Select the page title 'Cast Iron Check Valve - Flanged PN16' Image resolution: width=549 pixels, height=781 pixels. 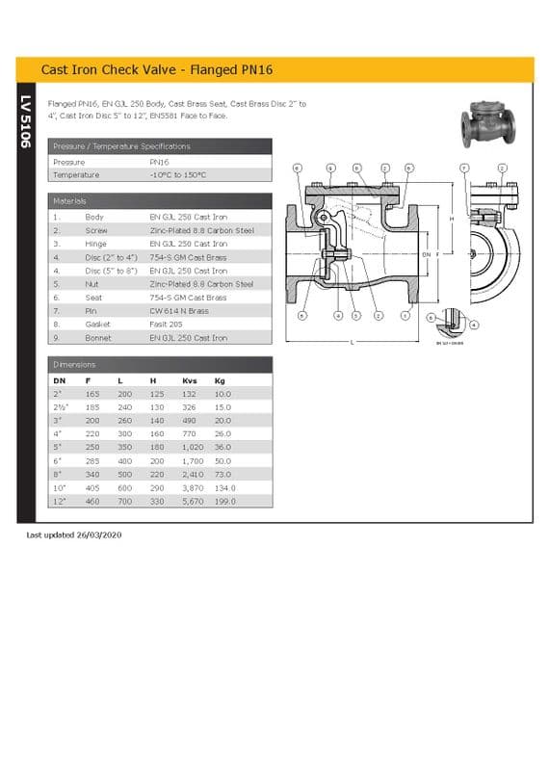[x=156, y=70]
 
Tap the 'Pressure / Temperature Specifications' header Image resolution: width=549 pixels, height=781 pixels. [x=121, y=146]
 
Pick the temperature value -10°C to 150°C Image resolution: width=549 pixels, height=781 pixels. [x=178, y=175]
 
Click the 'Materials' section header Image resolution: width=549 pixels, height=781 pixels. [x=70, y=201]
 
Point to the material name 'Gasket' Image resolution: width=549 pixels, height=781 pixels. [x=98, y=325]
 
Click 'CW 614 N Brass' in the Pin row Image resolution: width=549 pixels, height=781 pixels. [x=178, y=311]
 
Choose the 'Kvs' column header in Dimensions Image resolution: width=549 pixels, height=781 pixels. [x=189, y=381]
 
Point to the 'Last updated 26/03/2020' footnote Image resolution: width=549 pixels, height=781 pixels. [x=74, y=534]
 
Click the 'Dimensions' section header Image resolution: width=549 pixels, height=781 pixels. [x=74, y=365]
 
